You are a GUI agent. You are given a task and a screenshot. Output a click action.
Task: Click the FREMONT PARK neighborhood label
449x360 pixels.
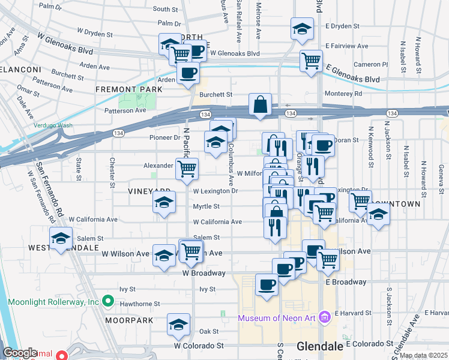point(128,89)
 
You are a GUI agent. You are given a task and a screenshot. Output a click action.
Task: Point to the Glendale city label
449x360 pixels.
point(320,347)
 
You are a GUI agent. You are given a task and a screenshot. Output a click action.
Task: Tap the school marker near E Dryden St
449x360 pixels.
point(302,28)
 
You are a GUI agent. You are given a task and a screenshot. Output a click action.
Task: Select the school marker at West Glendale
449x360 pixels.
point(61,238)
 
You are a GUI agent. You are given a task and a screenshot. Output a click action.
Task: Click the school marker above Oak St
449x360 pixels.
point(177,324)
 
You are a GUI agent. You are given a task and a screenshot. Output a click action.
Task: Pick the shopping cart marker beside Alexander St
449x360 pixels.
point(187,168)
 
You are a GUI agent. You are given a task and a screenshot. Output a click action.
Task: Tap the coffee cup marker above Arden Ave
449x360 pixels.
point(188,73)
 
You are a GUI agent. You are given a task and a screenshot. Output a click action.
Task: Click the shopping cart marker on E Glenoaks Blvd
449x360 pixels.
point(311,60)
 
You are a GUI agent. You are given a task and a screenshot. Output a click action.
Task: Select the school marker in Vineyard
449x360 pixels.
point(164,202)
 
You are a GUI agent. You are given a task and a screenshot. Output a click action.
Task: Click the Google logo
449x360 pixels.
point(20,353)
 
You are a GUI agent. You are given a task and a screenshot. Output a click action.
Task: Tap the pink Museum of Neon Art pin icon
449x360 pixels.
point(325,316)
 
